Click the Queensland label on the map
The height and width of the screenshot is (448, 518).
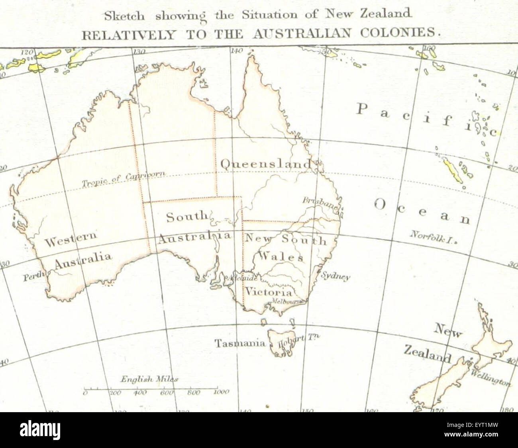(x=266, y=164)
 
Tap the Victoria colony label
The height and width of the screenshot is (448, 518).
(x=268, y=291)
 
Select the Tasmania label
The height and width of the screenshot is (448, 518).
(x=240, y=343)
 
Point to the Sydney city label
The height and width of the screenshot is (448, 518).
(x=336, y=276)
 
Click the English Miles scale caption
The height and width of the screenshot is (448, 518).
(x=149, y=380)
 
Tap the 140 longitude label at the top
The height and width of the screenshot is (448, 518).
(x=236, y=51)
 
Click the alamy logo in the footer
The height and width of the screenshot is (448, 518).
(x=40, y=430)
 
